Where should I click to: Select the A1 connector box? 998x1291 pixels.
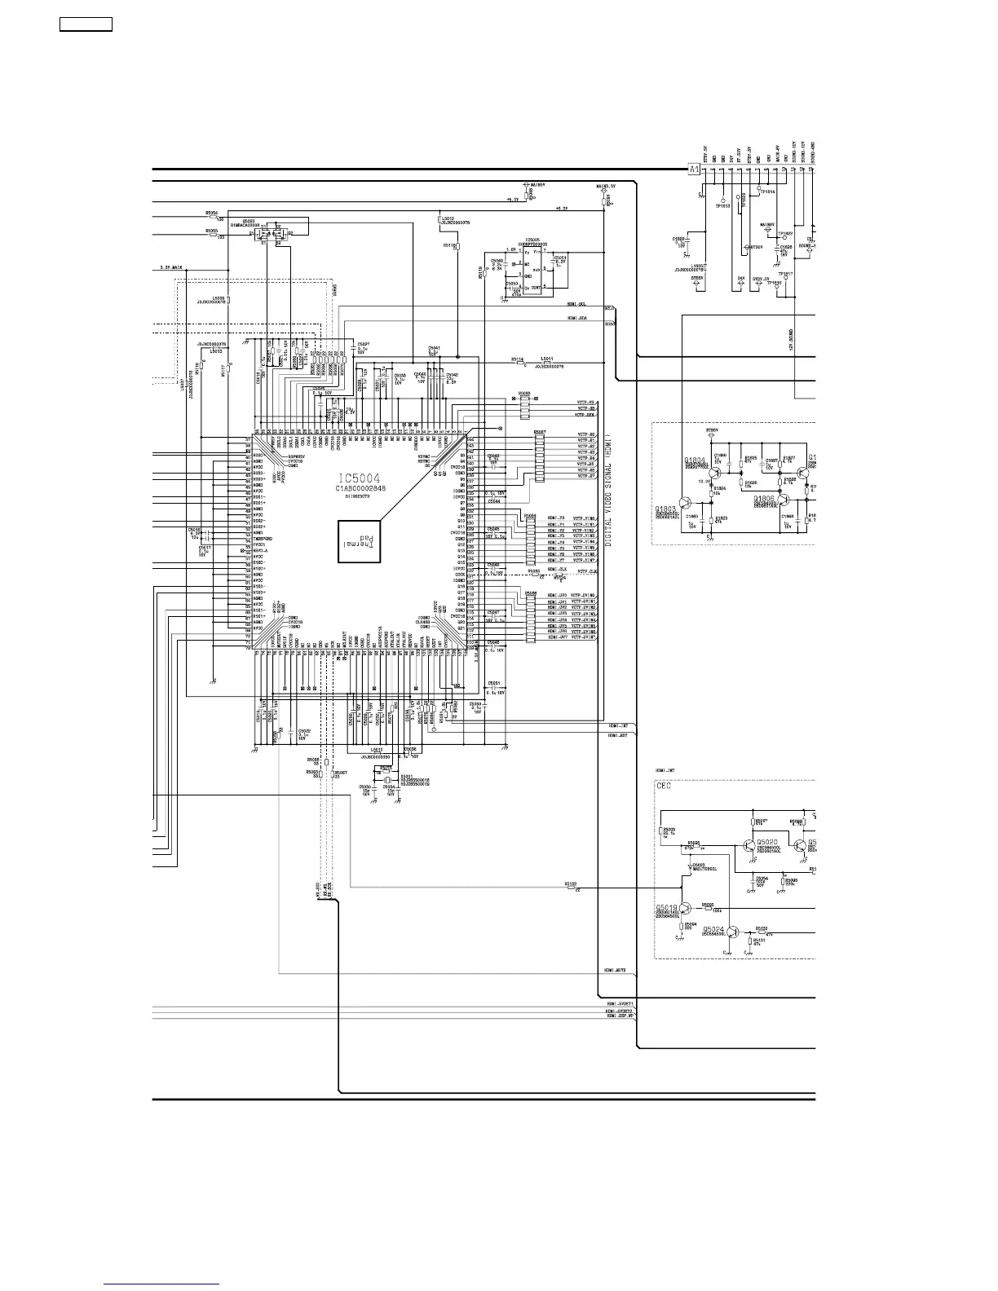pyautogui.click(x=694, y=170)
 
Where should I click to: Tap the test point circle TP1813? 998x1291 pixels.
pyautogui.click(x=722, y=198)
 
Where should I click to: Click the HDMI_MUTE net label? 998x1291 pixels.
pyautogui.click(x=615, y=971)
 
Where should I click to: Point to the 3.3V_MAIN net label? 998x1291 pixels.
pyautogui.click(x=170, y=267)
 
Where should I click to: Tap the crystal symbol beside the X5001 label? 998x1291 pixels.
pyautogui.click(x=389, y=780)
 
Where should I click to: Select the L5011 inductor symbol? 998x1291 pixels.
pyautogui.click(x=546, y=362)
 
